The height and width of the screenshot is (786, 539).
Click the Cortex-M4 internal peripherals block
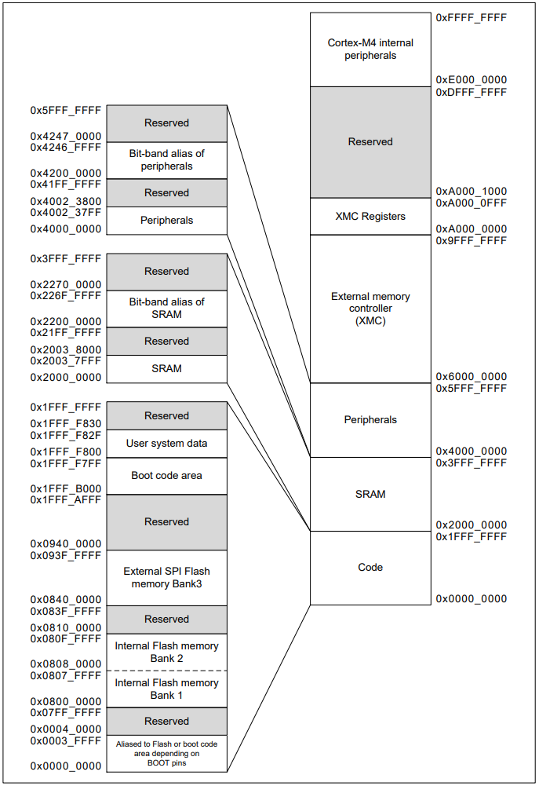point(370,49)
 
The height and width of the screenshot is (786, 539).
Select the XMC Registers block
point(370,216)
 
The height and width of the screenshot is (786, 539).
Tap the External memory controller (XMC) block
point(370,309)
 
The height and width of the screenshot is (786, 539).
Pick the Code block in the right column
point(370,568)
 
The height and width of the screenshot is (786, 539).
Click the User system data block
point(166,443)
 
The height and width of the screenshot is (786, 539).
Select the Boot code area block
point(166,475)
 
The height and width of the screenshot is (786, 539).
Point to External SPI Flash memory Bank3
point(166,577)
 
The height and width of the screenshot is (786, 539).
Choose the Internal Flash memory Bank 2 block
point(166,652)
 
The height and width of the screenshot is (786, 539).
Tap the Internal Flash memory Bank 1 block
point(166,689)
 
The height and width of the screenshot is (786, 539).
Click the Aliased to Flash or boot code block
point(166,752)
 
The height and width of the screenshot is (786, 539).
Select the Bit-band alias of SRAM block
point(166,308)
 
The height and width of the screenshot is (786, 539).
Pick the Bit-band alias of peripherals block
point(166,160)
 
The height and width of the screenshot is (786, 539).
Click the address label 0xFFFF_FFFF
point(471,17)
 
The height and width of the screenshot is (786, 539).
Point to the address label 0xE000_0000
point(471,80)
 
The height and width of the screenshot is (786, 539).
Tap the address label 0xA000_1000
point(471,192)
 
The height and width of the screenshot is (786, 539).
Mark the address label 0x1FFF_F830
point(66,424)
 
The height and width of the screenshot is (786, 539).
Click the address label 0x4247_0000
point(66,136)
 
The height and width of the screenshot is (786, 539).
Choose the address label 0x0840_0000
point(66,599)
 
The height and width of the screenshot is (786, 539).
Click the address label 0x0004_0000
point(66,729)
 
